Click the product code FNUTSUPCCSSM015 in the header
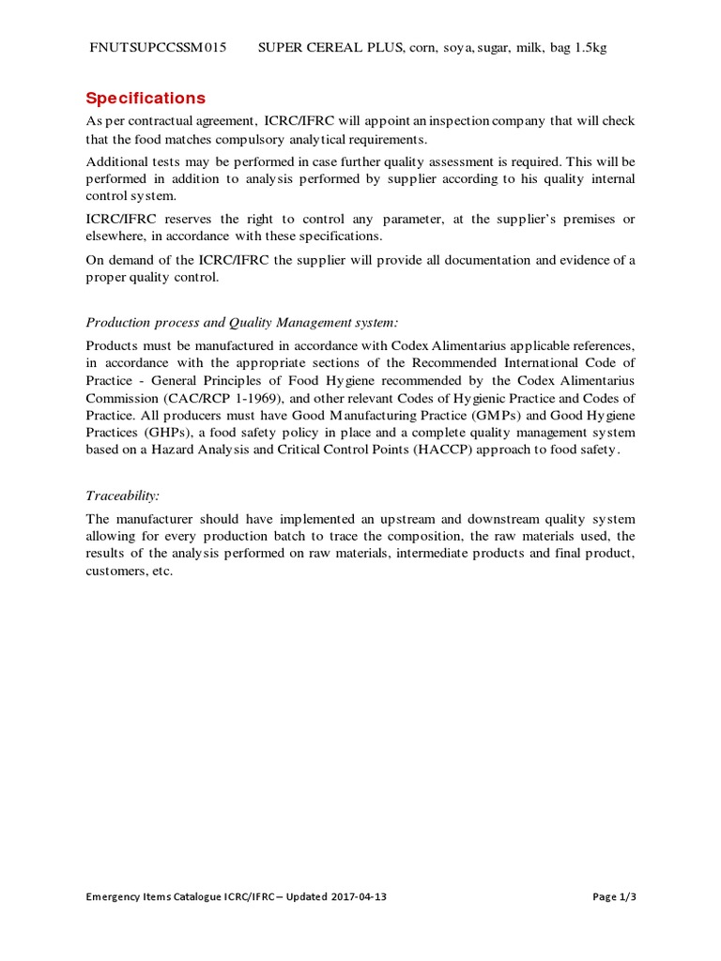[x=157, y=48]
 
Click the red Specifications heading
[x=146, y=99]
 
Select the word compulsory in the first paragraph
[x=255, y=139]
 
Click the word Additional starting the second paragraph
[x=117, y=160]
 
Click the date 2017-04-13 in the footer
[x=358, y=897]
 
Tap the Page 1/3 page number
[x=614, y=897]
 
